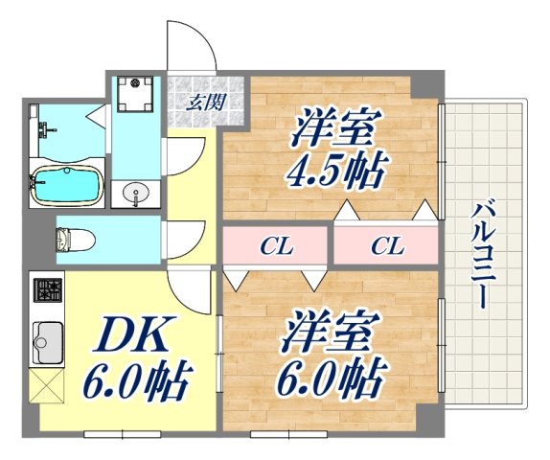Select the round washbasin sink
coord(136,193)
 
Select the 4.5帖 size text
coord(335,174)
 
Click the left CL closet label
coord(277,246)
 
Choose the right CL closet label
coord(387,246)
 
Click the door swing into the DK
coord(189,286)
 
